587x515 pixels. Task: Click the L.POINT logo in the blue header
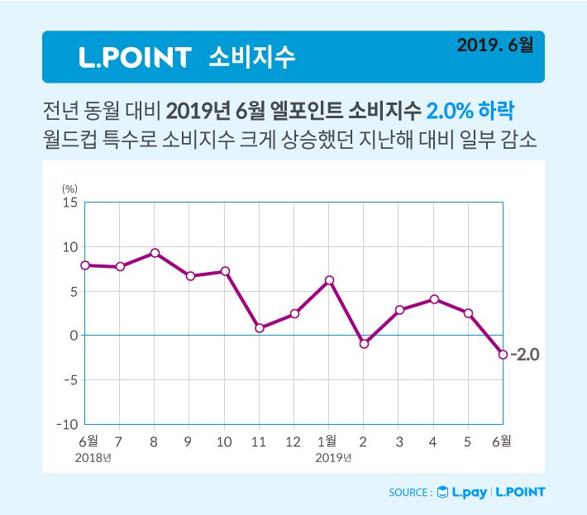134,57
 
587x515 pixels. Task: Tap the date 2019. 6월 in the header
494,45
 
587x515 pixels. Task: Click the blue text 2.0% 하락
475,110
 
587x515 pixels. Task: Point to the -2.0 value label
524,355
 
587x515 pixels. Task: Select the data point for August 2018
155,253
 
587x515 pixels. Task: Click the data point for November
260,328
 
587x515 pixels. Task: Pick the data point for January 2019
329,280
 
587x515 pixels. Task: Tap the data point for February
364,343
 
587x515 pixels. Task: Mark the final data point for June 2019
503,354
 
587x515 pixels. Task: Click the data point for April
433,299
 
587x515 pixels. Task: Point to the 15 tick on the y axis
69,203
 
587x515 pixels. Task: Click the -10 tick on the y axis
66,424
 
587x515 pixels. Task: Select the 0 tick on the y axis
73,336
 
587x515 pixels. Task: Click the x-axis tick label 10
223,442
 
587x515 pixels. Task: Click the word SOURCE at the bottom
408,493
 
